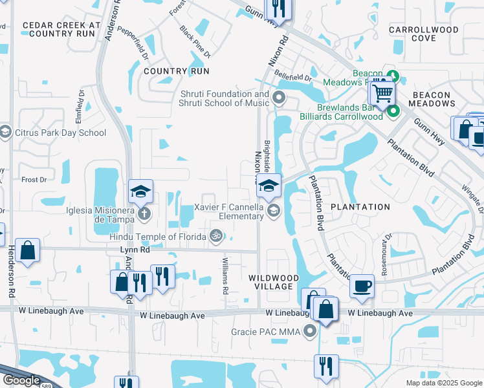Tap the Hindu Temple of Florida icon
(x=216, y=237)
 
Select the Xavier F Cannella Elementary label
(x=228, y=211)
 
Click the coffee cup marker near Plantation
(x=362, y=285)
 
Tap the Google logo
(x=21, y=380)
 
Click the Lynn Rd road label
(x=135, y=249)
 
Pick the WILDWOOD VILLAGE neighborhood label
(x=274, y=283)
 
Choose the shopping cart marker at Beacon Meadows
(x=382, y=94)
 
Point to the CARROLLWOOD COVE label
(x=423, y=34)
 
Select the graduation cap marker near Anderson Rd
(x=140, y=191)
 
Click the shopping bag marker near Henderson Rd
(x=28, y=251)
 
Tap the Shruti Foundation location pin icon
(x=280, y=98)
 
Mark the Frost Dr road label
(x=34, y=179)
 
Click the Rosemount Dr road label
(x=384, y=254)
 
